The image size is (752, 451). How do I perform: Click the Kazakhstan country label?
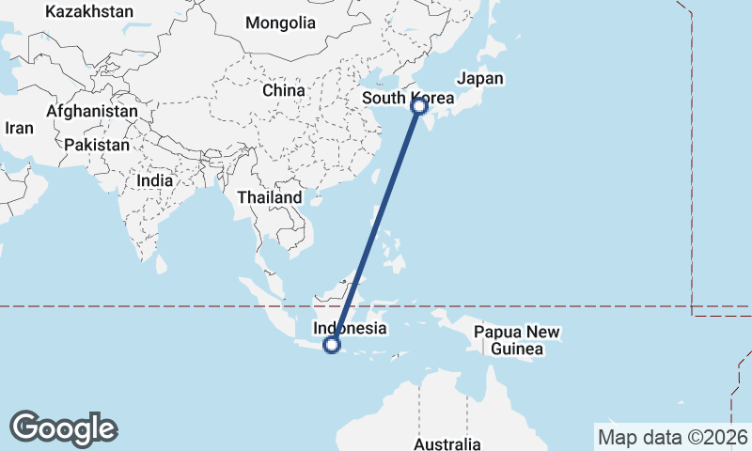click(x=88, y=12)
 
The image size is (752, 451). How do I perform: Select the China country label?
click(x=284, y=90)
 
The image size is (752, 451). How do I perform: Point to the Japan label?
click(x=479, y=79)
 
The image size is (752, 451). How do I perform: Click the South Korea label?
click(x=408, y=99)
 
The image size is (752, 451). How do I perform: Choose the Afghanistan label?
click(x=91, y=111)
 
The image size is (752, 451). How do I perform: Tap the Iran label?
click(x=19, y=128)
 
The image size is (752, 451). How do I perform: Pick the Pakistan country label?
click(x=97, y=145)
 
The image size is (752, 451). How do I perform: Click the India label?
click(x=154, y=180)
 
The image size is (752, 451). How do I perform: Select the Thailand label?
click(x=270, y=197)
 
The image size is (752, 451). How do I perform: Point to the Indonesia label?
click(x=350, y=329)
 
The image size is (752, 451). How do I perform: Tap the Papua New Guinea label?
click(x=517, y=340)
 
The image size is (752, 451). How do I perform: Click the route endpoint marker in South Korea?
click(x=420, y=106)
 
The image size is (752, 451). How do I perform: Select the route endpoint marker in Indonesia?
click(x=331, y=345)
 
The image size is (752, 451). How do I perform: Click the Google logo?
click(x=63, y=428)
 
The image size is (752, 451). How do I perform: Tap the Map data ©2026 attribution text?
click(x=673, y=437)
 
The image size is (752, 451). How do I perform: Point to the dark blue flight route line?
click(x=376, y=225)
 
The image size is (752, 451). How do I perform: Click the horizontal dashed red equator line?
click(x=188, y=306)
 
